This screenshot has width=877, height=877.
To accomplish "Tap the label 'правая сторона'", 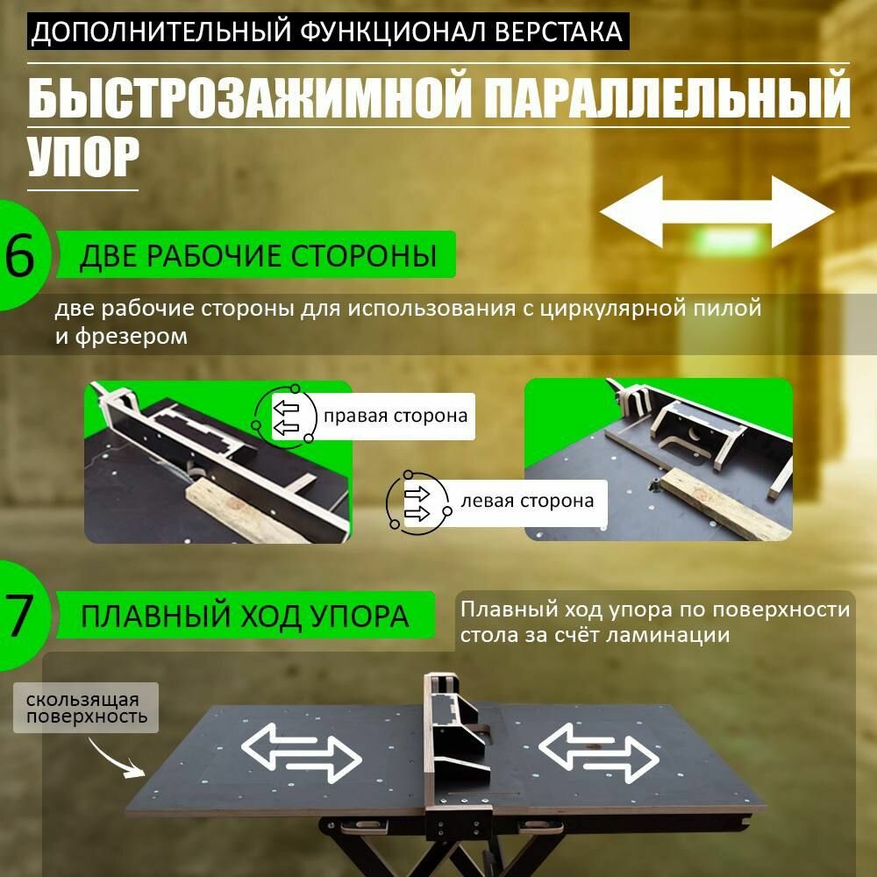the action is pos(395,415).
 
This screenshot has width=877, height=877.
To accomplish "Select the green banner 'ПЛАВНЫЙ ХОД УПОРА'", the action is pos(245,615).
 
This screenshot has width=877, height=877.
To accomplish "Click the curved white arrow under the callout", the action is pos(119,755).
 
